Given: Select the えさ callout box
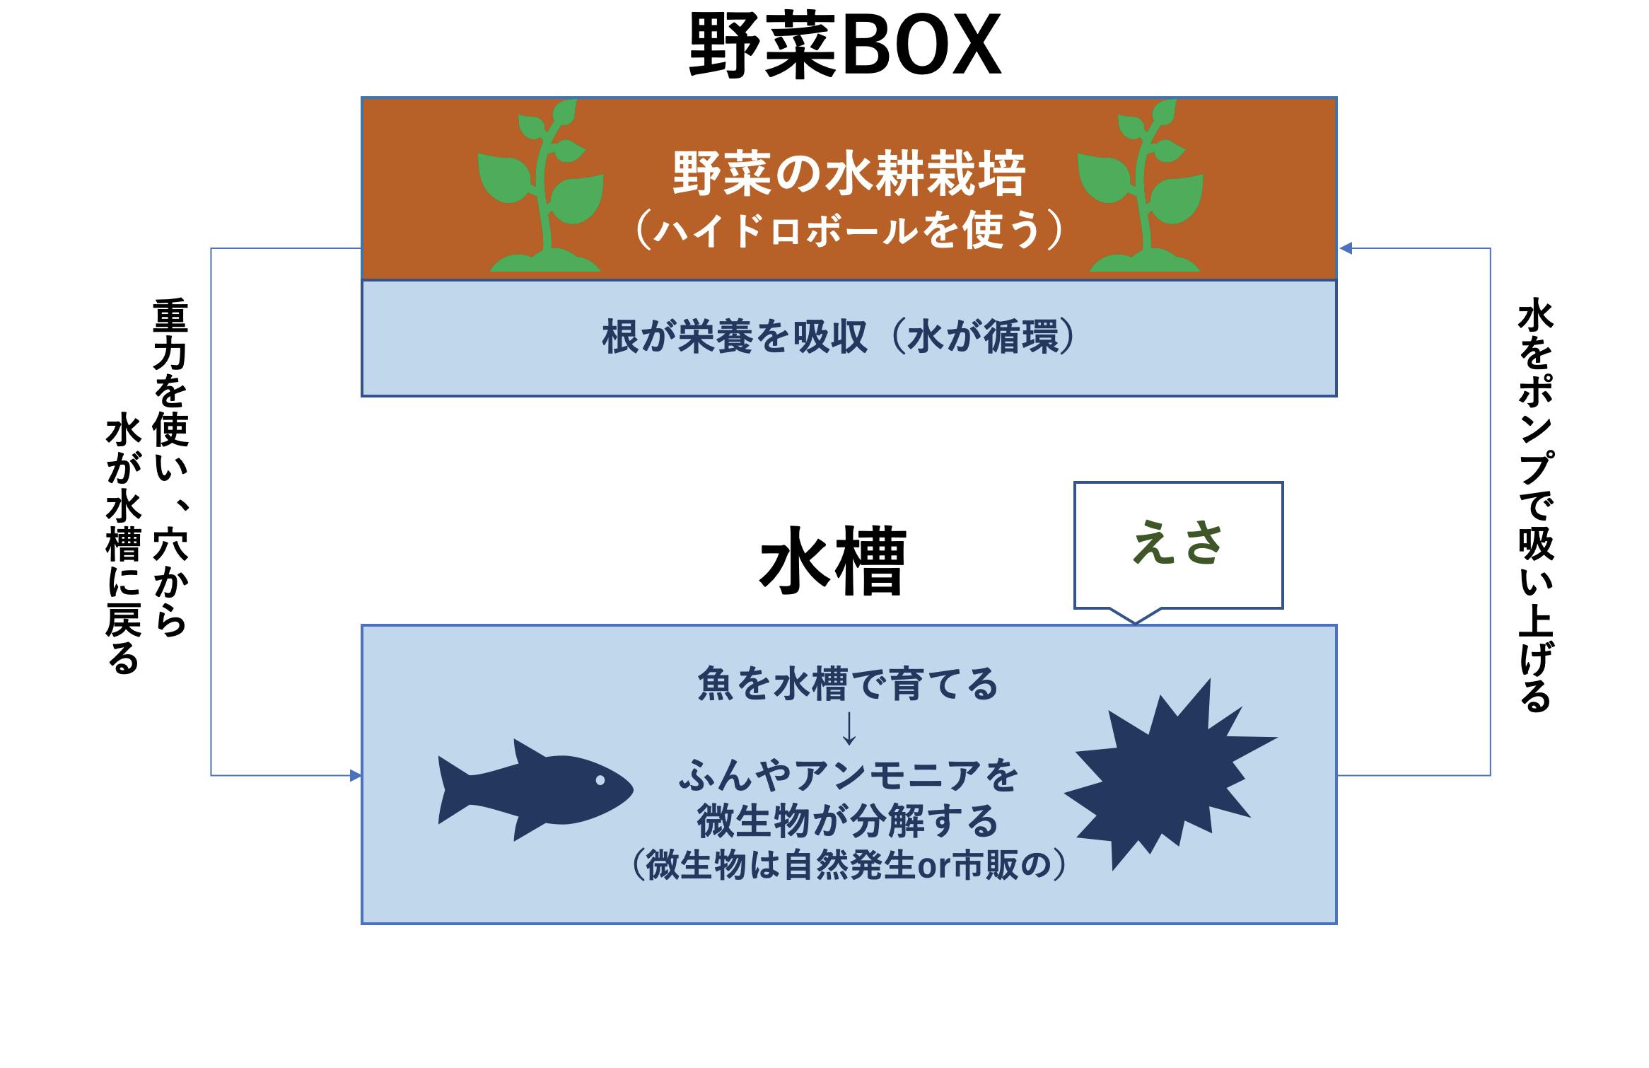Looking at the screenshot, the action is tap(1178, 545).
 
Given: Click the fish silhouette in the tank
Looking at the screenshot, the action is tap(535, 790).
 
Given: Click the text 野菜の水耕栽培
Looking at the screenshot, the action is tap(848, 174).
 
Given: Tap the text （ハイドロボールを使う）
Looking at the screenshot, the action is tap(848, 231).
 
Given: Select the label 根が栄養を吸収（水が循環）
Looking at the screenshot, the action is tap(839, 337).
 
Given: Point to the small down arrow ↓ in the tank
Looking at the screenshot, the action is tap(849, 729).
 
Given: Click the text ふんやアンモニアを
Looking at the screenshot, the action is tap(848, 776).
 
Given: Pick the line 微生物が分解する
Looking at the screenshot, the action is tap(848, 821).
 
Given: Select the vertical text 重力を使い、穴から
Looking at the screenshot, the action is tap(170, 468).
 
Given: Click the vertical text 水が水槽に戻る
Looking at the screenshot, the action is tap(123, 545).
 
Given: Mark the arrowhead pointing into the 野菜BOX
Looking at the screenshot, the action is tap(1346, 248).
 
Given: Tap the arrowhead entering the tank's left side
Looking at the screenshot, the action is tap(356, 776).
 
